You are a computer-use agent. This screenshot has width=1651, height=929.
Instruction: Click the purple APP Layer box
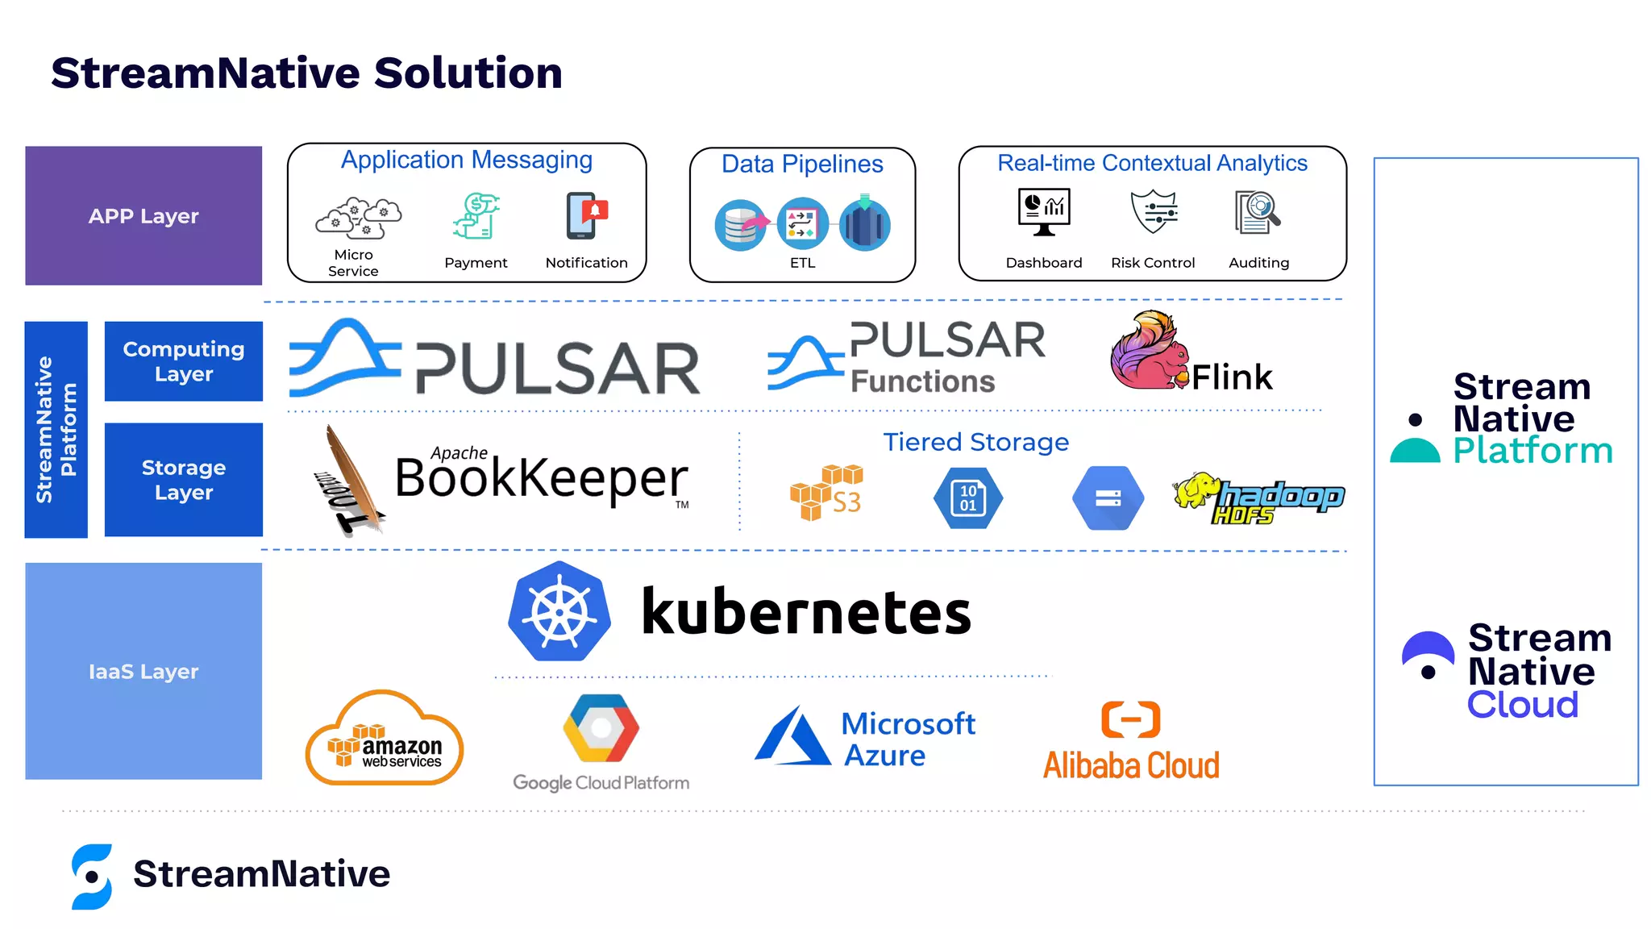pos(143,215)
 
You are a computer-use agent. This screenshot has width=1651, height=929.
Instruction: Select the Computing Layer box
pos(183,361)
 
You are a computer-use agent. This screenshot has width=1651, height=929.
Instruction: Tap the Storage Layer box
pos(183,480)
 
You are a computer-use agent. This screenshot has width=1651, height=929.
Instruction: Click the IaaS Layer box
pos(143,671)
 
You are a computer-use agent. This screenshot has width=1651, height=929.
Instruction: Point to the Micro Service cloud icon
pos(358,218)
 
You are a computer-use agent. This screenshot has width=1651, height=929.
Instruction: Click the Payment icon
pos(476,216)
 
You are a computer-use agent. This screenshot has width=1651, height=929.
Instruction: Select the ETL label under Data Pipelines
pos(802,263)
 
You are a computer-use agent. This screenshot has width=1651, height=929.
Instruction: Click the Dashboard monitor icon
pos(1043,212)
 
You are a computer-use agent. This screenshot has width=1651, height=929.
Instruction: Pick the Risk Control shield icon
pos(1154,212)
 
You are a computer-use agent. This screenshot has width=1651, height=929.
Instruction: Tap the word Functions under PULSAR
pos(923,381)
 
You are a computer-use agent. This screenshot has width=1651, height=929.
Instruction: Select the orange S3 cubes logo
pos(825,492)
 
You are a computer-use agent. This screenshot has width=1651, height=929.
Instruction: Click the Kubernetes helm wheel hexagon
pos(559,612)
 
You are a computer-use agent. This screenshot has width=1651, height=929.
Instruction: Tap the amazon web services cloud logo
pos(385,739)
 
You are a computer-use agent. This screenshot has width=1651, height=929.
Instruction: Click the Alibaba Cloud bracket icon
pos(1130,719)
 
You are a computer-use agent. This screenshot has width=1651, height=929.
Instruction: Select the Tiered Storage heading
pos(975,442)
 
